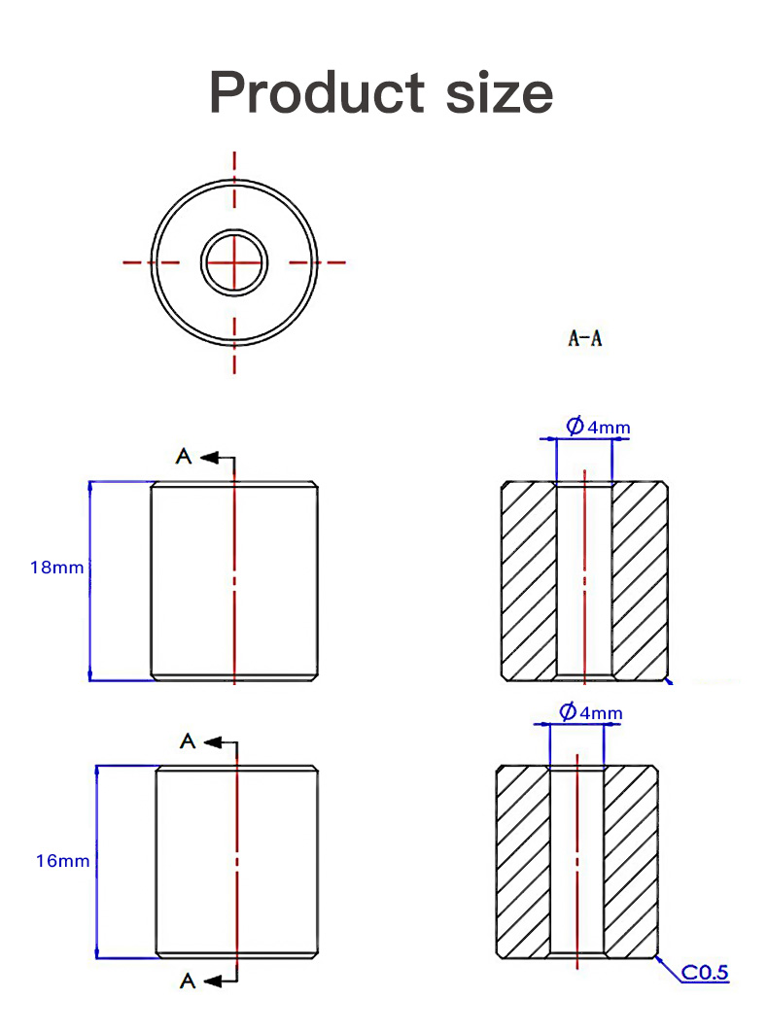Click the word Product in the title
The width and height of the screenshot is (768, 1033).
point(317,92)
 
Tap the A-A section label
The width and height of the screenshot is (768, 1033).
point(584,338)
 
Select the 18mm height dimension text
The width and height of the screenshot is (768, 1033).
point(56,567)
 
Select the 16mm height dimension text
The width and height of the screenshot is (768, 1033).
point(62,860)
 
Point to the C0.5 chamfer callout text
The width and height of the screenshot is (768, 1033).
point(705,972)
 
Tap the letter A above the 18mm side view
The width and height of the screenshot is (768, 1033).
point(184,456)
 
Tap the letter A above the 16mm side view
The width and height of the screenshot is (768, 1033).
point(189,741)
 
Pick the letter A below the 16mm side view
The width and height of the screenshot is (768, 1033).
point(189,981)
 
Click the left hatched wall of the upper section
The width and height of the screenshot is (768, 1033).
point(528,580)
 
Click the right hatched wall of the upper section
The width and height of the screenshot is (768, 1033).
point(640,580)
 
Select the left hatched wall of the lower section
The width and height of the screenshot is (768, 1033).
point(523,862)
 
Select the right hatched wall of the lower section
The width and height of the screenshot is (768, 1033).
point(630,862)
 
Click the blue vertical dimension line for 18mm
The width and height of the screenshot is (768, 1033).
point(89,622)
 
